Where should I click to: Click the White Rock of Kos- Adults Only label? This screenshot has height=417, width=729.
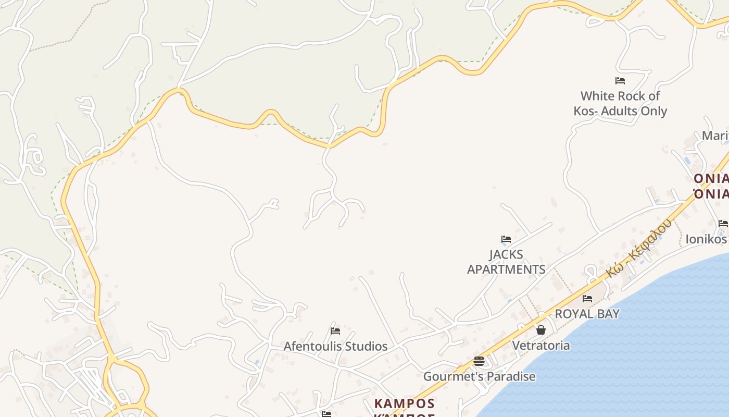(x=620, y=103)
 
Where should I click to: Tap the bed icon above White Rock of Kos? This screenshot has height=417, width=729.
(x=620, y=81)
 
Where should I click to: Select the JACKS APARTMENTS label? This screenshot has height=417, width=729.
(x=506, y=262)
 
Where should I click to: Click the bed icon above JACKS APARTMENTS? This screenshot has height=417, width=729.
(x=506, y=239)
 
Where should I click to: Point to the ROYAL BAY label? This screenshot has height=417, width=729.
(x=587, y=314)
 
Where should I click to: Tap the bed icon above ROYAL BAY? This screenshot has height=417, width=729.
(x=587, y=299)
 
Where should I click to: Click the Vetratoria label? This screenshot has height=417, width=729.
(x=541, y=346)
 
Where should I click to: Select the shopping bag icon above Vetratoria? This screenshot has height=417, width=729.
(x=541, y=330)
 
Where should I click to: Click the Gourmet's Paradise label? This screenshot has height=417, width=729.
(x=479, y=376)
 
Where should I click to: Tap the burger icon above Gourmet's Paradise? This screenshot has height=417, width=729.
(x=479, y=361)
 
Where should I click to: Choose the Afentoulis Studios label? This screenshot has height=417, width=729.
(x=335, y=346)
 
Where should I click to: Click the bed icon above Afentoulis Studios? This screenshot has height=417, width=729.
(x=335, y=330)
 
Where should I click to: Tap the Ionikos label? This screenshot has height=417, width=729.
(x=706, y=239)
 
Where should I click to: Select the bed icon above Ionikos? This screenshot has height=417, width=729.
(x=723, y=224)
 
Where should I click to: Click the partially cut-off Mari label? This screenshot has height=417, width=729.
(x=715, y=136)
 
